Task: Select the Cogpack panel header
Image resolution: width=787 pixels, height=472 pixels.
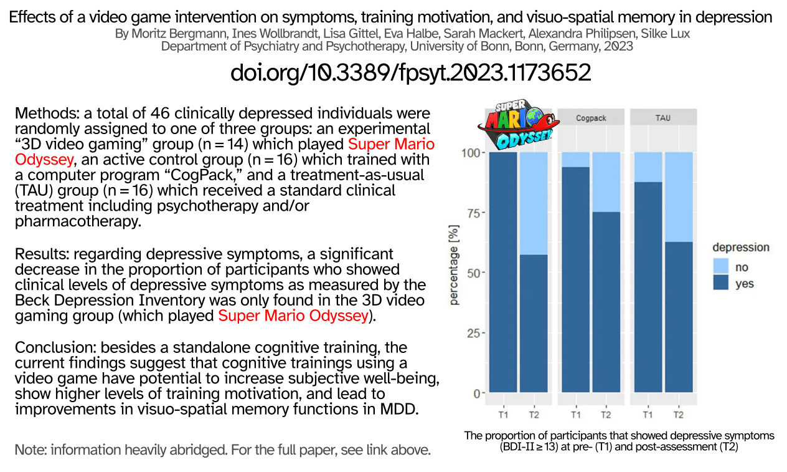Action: [x=591, y=117]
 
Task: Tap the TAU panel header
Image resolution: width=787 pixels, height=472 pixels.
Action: [x=663, y=117]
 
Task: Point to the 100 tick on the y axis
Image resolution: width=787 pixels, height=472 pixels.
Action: [x=471, y=153]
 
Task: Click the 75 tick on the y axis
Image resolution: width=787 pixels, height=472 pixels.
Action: [x=474, y=213]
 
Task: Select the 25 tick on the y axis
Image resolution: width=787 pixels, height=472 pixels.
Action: [x=474, y=333]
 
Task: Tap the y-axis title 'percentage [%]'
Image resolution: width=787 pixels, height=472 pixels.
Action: [x=455, y=266]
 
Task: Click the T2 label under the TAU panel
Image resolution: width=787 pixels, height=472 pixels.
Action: [x=678, y=415]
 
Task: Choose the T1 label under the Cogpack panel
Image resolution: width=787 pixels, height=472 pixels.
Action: [x=576, y=415]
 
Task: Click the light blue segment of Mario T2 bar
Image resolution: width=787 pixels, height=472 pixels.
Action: [x=534, y=203]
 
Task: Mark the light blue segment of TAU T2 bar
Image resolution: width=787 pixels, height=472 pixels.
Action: [x=678, y=197]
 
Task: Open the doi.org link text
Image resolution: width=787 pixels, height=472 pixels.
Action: [x=410, y=73]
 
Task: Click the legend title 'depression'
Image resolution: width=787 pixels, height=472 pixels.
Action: [x=741, y=248]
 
